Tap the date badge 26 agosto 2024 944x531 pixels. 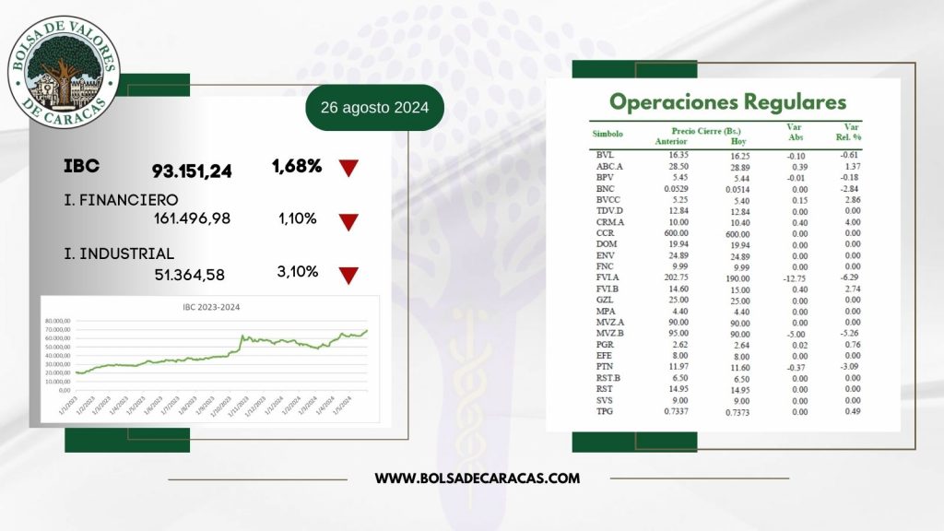pyautogui.click(x=374, y=108)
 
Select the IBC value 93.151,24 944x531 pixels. pyautogui.click(x=192, y=171)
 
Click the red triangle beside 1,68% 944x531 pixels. pyautogui.click(x=348, y=168)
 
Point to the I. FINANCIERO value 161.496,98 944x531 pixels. pyautogui.click(x=192, y=218)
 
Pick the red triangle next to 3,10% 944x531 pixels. pyautogui.click(x=348, y=274)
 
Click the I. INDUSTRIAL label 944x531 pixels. pyautogui.click(x=119, y=254)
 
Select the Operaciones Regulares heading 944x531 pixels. pyautogui.click(x=727, y=100)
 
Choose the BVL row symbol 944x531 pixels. pyautogui.click(x=605, y=156)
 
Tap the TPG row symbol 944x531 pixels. pyautogui.click(x=605, y=411)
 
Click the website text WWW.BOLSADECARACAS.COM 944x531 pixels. pyautogui.click(x=478, y=478)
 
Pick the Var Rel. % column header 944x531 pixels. pyautogui.click(x=850, y=135)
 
